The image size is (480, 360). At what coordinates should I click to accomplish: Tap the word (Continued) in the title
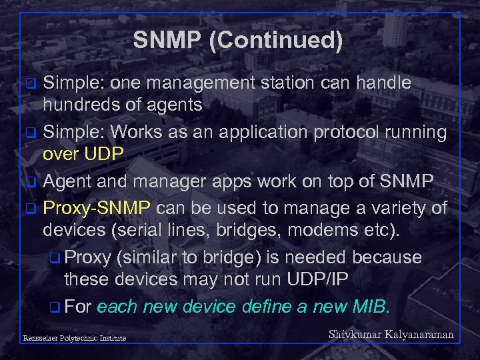pyautogui.click(x=275, y=41)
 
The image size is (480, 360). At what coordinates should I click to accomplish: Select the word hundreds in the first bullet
pyautogui.click(x=83, y=103)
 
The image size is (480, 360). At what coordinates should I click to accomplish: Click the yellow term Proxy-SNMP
pyautogui.click(x=97, y=209)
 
